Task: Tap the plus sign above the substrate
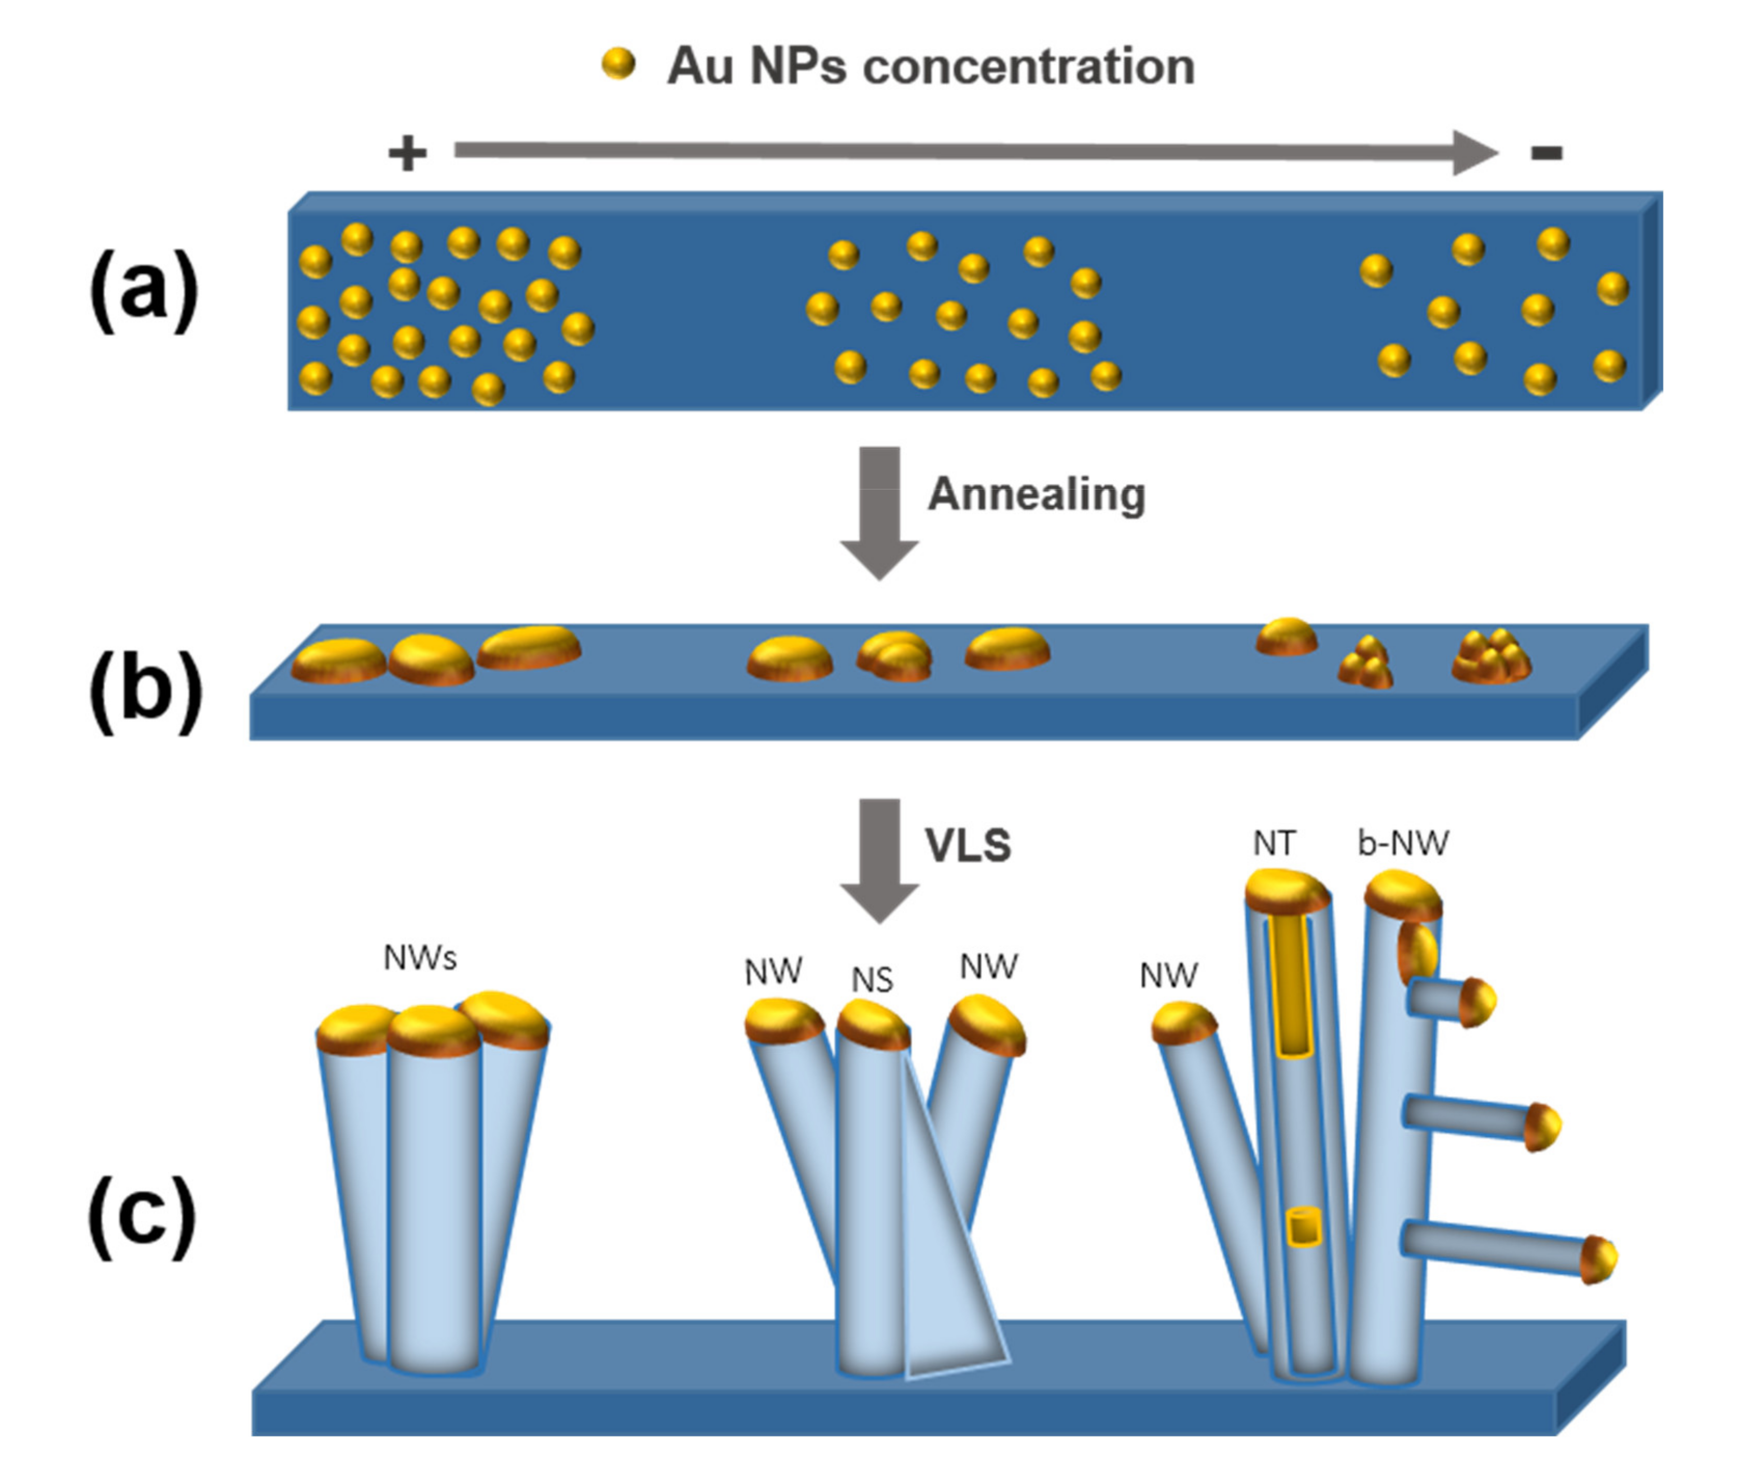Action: point(407,153)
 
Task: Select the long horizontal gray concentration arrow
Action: point(958,152)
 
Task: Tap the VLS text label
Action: point(968,845)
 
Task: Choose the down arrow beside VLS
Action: point(879,859)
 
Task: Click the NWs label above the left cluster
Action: point(420,958)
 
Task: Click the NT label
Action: point(1274,844)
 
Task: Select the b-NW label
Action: point(1403,843)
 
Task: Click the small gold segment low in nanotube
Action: point(1304,1227)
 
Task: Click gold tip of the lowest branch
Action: point(1597,1258)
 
